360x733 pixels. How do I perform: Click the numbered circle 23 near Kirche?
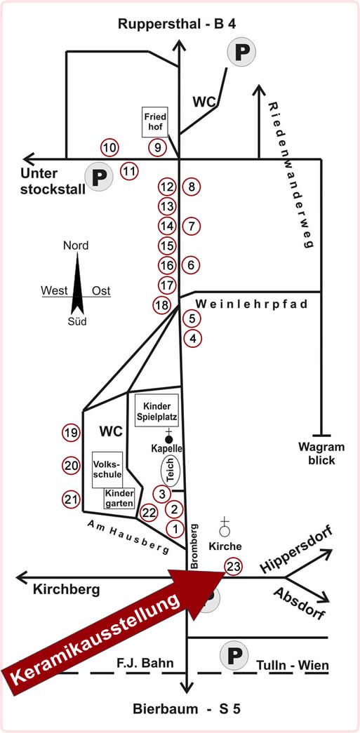tap(234, 567)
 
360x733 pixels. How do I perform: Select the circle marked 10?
tap(110, 148)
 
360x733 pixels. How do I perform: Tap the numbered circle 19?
tap(71, 433)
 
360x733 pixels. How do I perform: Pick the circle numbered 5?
tap(192, 319)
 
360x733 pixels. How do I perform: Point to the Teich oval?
tap(171, 471)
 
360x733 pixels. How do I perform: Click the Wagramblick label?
tap(321, 453)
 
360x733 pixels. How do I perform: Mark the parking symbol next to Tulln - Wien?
tap(234, 657)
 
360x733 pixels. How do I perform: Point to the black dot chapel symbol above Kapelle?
tap(169, 439)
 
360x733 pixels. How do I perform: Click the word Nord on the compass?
tap(76, 246)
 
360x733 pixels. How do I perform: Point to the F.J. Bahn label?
tap(145, 663)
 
